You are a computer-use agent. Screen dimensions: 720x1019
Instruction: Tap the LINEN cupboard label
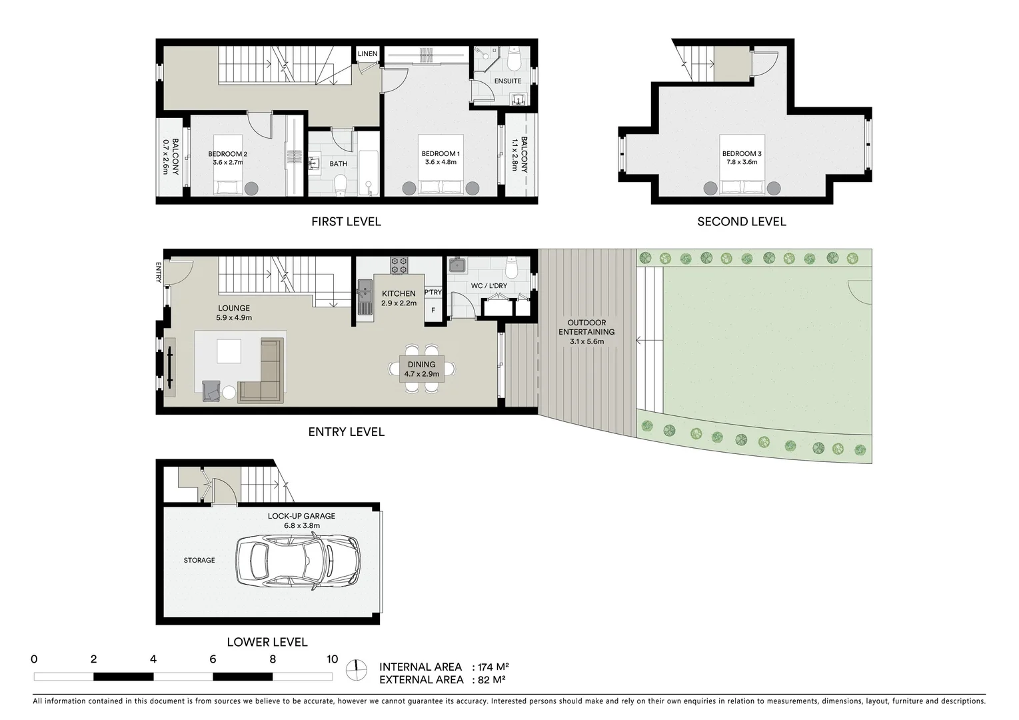tap(367, 54)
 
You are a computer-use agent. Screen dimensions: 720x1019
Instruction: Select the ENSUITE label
tap(508, 81)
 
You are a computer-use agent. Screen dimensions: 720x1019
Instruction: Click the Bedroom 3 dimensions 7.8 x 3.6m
tap(741, 162)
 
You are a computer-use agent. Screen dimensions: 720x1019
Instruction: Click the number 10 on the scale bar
tap(332, 659)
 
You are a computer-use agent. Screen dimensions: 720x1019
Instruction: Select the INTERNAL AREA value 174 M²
tap(493, 667)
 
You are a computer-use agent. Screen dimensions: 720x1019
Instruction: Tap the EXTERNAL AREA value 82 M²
tap(492, 680)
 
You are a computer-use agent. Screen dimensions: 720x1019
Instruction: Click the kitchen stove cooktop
tap(399, 265)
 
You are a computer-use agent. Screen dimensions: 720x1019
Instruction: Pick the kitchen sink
tap(365, 297)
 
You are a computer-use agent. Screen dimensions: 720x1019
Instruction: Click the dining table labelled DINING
tap(421, 369)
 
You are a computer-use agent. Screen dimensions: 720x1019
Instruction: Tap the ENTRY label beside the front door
tap(159, 273)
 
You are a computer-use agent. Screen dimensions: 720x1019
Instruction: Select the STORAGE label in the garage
tap(199, 560)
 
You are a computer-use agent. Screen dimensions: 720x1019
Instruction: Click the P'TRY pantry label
tap(433, 292)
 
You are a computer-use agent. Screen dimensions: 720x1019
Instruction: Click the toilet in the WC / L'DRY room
tap(512, 267)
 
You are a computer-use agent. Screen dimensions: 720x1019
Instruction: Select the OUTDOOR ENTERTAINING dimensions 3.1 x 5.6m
tap(586, 341)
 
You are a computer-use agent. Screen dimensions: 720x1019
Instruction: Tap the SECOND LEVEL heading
tap(741, 221)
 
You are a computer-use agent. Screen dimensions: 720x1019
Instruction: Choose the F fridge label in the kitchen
tap(433, 310)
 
